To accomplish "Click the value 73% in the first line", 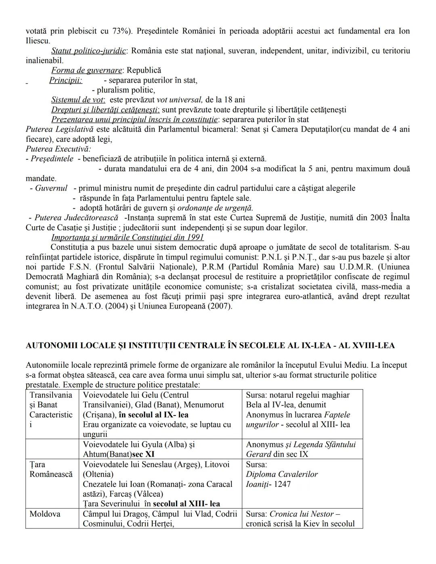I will tap(116, 31).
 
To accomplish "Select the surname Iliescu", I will tap(37, 41).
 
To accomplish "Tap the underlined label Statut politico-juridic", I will tap(89, 51).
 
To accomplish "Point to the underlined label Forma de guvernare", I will tap(86, 70).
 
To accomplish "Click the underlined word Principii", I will tap(65, 80).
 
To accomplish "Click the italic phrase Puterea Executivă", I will tap(58, 149).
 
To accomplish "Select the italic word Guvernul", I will tap(51, 188).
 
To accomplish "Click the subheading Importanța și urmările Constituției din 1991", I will tap(128, 237).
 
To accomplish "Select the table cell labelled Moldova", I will tap(45, 514).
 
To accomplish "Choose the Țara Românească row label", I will tap(51, 469).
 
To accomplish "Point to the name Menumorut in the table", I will tap(205, 405).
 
